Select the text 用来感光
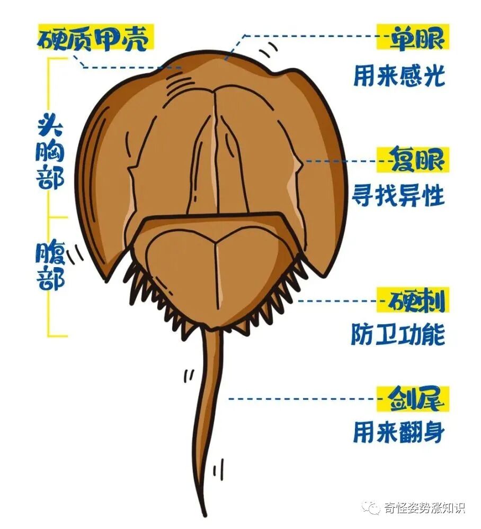coord(398,77)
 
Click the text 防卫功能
coord(398,335)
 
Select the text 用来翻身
coord(398,433)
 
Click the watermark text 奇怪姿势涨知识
coord(424,508)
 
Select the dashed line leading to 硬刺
coord(339,300)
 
